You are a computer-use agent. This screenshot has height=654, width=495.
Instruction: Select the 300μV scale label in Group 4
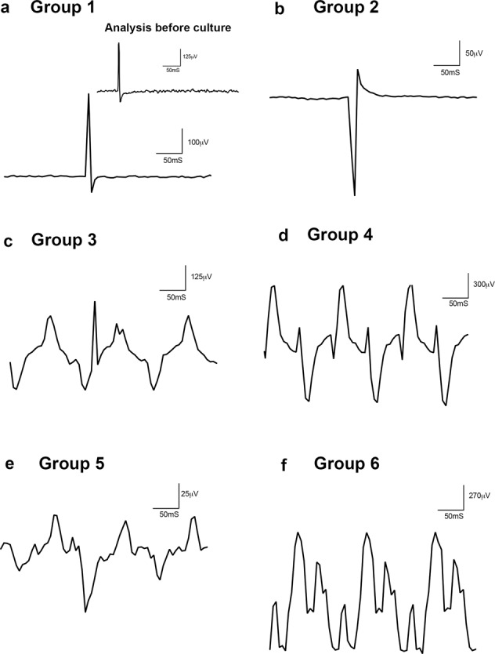click(479, 285)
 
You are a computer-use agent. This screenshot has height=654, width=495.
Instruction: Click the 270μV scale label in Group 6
click(479, 496)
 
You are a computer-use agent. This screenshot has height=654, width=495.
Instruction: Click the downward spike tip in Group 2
click(354, 194)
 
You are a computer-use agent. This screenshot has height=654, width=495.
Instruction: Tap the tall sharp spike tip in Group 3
click(95, 301)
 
